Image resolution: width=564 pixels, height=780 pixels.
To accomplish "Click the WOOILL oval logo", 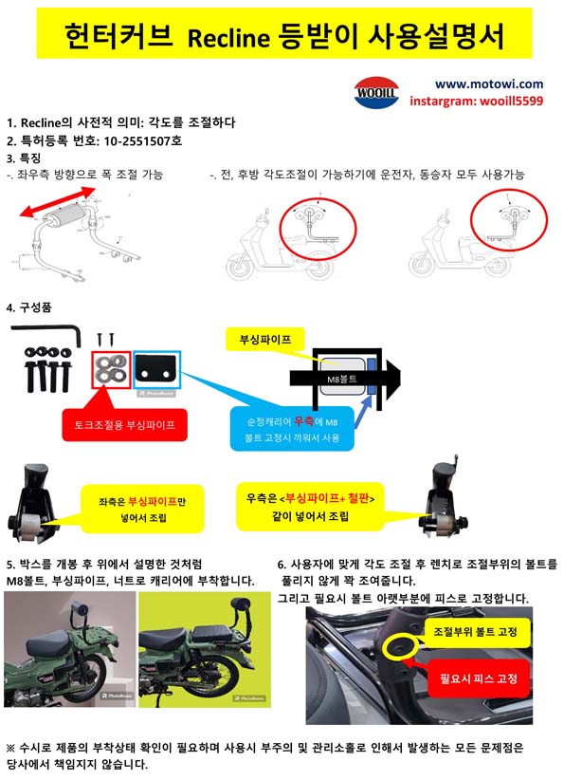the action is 376,92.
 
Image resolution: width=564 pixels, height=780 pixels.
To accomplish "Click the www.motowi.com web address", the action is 489,84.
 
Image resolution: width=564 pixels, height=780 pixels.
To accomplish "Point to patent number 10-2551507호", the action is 142,140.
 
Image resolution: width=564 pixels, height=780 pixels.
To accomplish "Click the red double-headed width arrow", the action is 58,202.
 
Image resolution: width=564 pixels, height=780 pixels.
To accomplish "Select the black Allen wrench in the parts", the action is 45,334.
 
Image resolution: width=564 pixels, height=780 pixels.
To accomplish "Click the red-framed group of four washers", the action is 111,370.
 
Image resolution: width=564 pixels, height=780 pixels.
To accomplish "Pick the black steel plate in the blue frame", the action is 156,370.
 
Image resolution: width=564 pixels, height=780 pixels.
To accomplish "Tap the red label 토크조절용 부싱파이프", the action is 125,425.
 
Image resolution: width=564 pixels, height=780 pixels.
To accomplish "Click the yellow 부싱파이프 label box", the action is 264,340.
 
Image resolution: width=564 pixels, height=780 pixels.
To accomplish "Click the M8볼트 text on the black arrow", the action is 341,379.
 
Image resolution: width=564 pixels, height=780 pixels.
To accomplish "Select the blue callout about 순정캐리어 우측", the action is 292,429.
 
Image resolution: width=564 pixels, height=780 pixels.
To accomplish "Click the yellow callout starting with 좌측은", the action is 142,509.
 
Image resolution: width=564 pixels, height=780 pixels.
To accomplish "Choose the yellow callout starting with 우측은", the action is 310,507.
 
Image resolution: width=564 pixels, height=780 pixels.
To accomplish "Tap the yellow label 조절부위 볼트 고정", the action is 476,632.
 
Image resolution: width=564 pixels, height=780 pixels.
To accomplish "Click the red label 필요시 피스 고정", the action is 479,678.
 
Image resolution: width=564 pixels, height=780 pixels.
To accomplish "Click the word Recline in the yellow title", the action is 228,38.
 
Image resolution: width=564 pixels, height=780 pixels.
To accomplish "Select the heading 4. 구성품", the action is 29,306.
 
